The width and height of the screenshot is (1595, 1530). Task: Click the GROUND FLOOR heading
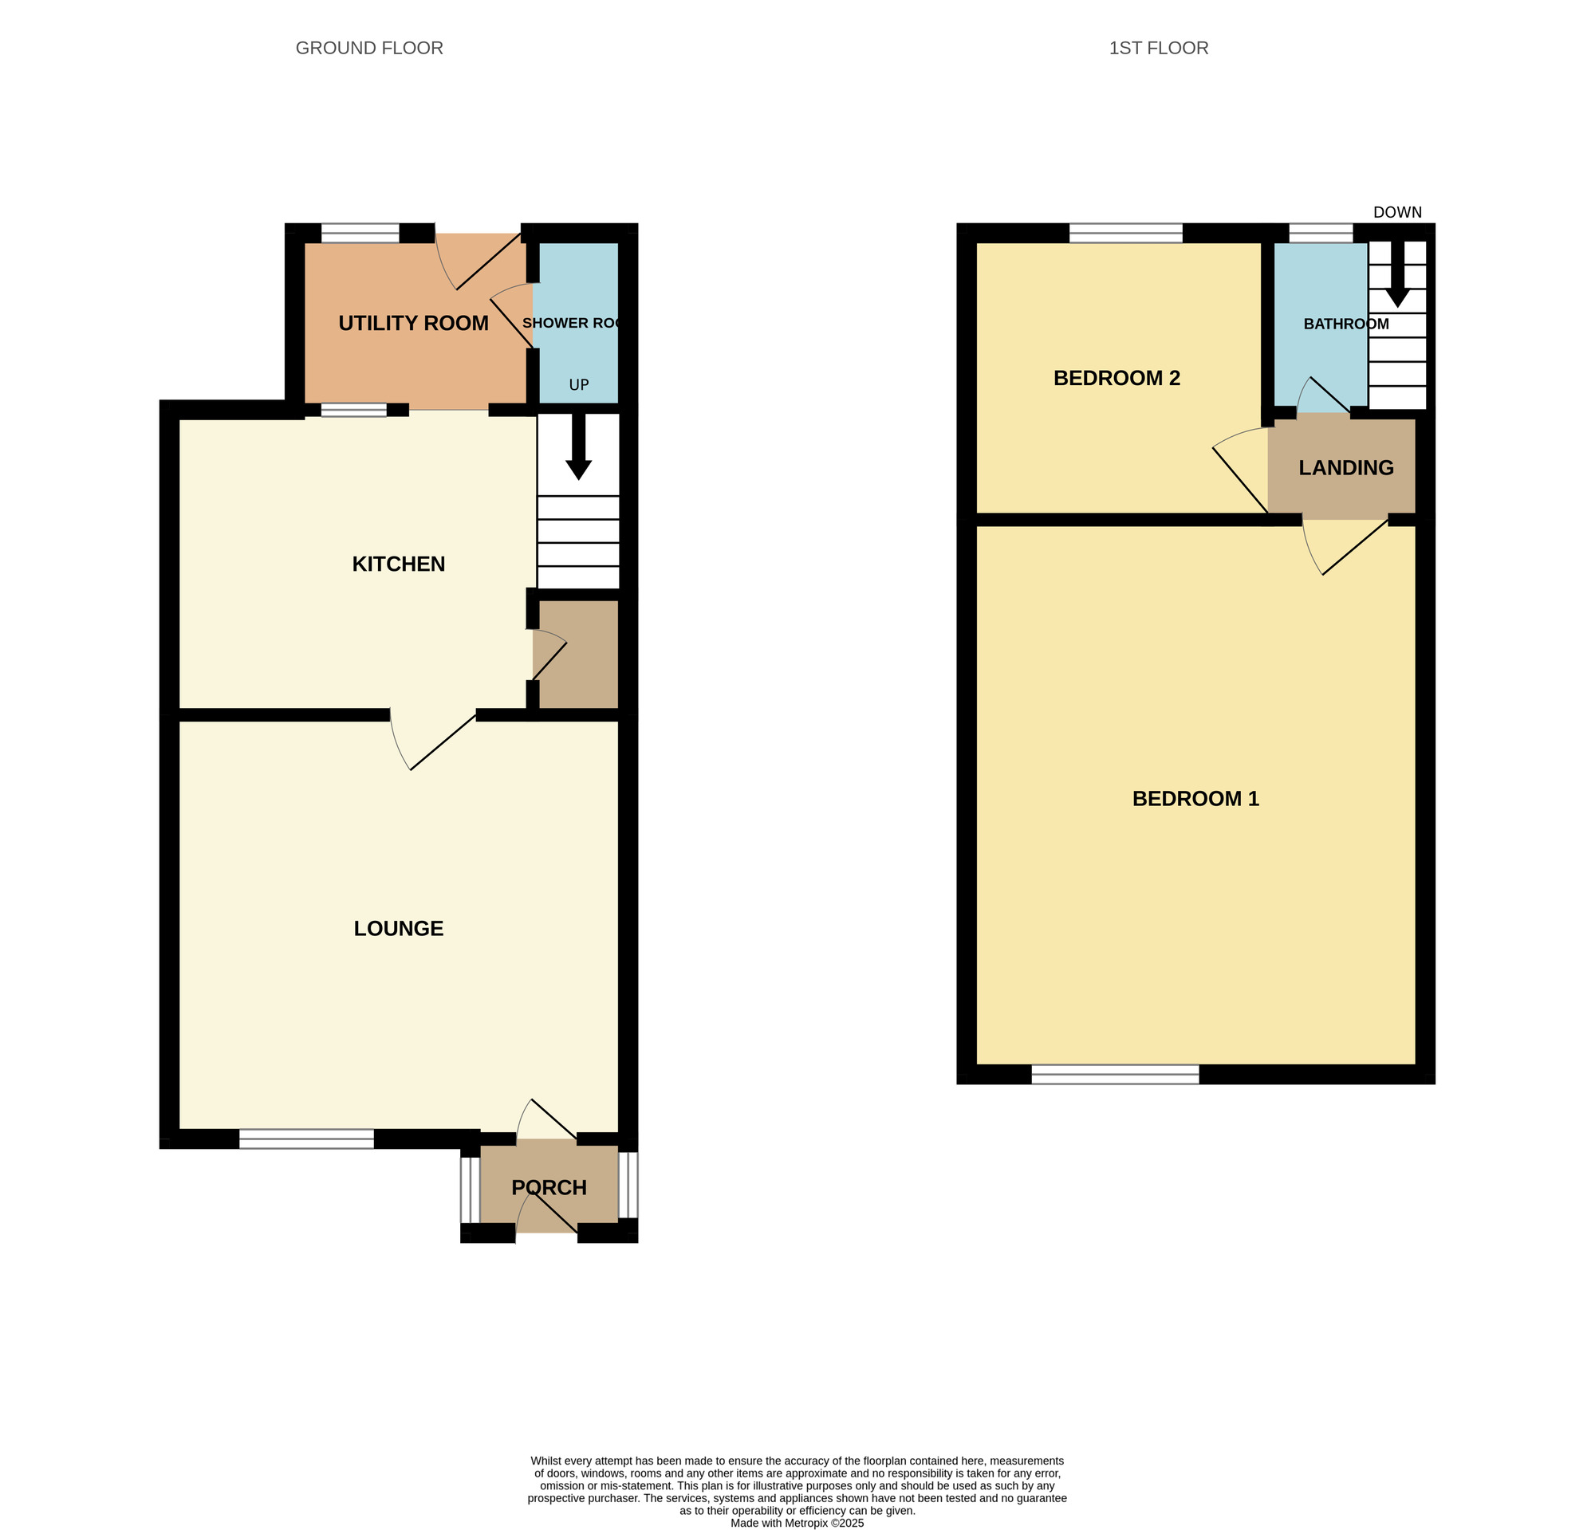[368, 48]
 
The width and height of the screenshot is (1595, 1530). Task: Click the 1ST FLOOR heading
[1158, 48]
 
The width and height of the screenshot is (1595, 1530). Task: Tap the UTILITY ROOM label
[413, 323]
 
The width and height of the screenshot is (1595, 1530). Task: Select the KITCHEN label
[399, 564]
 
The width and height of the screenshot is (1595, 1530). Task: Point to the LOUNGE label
[399, 928]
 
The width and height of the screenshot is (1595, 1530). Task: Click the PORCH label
[549, 1187]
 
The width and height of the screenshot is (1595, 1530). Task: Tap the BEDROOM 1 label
[1195, 799]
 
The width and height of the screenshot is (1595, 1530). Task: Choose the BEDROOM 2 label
[1116, 378]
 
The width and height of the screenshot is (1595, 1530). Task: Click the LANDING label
[1346, 468]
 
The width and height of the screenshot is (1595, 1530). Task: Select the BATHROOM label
[1346, 324]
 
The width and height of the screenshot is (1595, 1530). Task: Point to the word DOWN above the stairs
[1397, 212]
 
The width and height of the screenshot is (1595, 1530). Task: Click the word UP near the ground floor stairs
[579, 385]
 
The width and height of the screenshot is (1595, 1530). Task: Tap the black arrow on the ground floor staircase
[579, 446]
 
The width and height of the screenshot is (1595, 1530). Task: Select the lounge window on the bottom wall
[307, 1139]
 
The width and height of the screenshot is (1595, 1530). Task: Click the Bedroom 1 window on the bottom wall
[1116, 1075]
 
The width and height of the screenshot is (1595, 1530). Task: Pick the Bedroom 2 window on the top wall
[1125, 234]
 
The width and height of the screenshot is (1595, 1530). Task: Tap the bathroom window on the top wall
[1321, 234]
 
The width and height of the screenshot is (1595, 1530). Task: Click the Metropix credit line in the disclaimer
[797, 1524]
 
